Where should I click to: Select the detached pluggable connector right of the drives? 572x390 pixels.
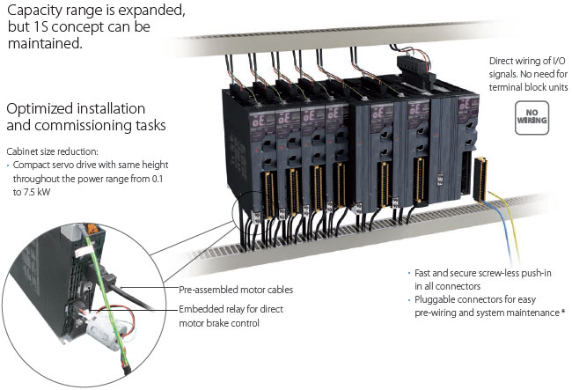(x=480, y=177)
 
